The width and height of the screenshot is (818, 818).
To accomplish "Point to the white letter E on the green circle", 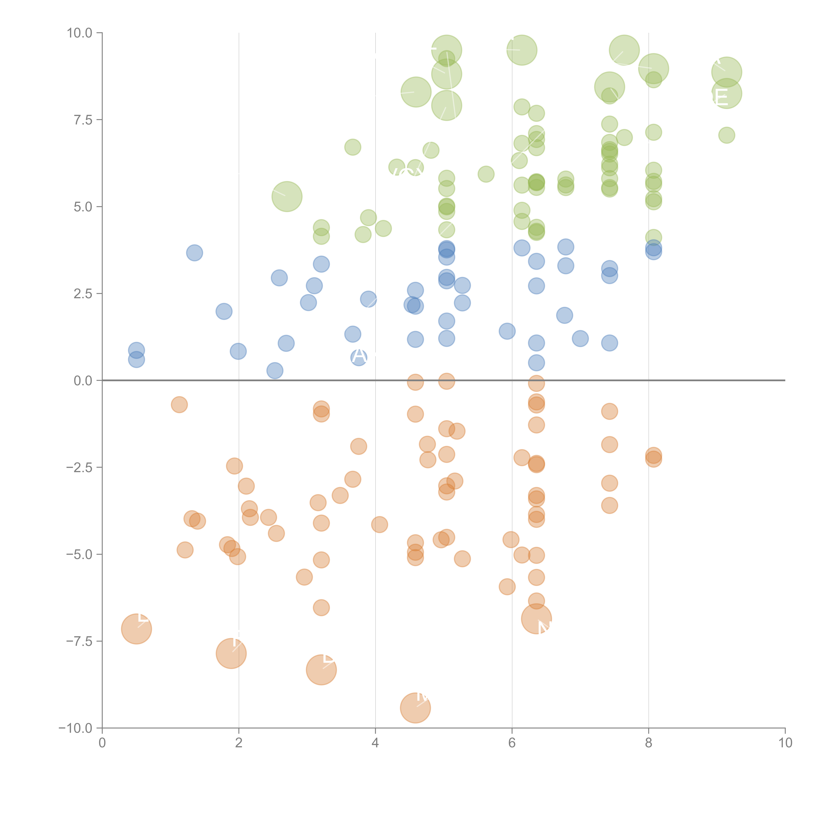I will [x=721, y=97].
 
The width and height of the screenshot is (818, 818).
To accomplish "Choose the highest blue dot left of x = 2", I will [x=194, y=253].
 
